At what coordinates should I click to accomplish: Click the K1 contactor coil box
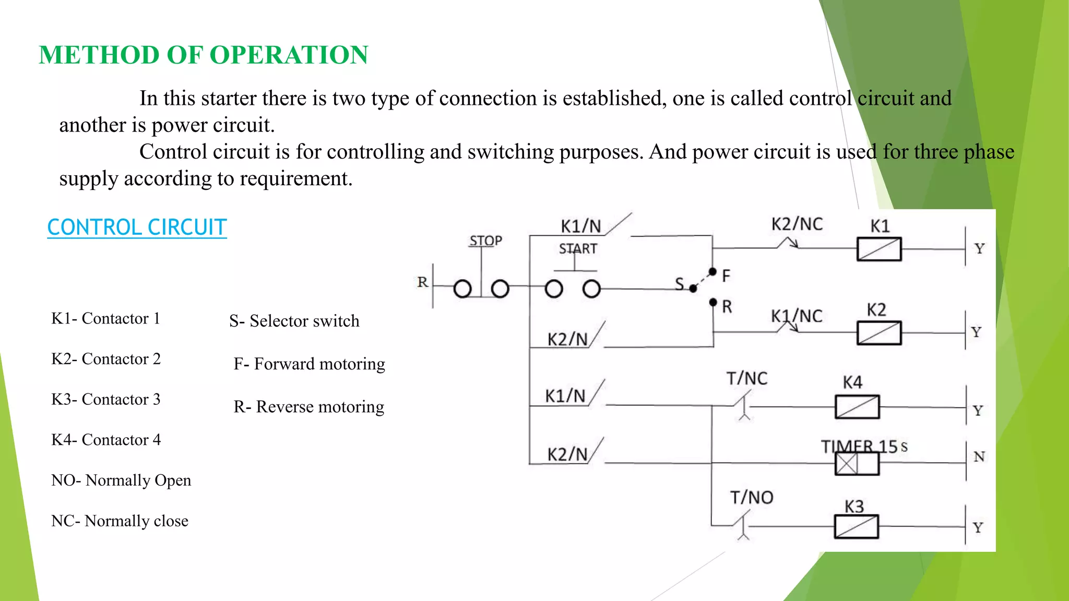click(x=879, y=249)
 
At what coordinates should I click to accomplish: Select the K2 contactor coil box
click(x=879, y=333)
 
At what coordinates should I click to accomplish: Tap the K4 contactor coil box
click(x=857, y=407)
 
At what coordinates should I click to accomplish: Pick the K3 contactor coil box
click(x=856, y=526)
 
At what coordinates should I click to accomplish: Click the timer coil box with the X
click(x=847, y=463)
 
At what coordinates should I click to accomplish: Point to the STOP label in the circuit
click(x=485, y=241)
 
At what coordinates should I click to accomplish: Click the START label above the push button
click(x=578, y=249)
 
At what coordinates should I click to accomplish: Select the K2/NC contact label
click(x=797, y=224)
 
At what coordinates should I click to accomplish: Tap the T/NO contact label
click(x=752, y=497)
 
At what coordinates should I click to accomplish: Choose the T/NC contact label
click(x=747, y=378)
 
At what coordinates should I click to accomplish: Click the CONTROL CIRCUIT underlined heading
click(x=137, y=227)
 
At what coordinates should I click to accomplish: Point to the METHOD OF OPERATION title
click(x=204, y=55)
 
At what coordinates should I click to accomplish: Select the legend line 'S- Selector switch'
click(x=294, y=321)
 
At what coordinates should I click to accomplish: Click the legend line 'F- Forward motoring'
click(x=309, y=364)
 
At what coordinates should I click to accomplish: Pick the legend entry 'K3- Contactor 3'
click(x=106, y=399)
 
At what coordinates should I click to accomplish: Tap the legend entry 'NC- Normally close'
click(x=120, y=521)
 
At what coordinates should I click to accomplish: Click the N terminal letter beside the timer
click(x=979, y=457)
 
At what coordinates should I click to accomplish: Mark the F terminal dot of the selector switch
click(x=712, y=272)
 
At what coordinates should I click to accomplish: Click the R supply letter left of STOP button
click(x=423, y=282)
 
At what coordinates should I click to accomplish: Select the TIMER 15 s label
click(x=864, y=447)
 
